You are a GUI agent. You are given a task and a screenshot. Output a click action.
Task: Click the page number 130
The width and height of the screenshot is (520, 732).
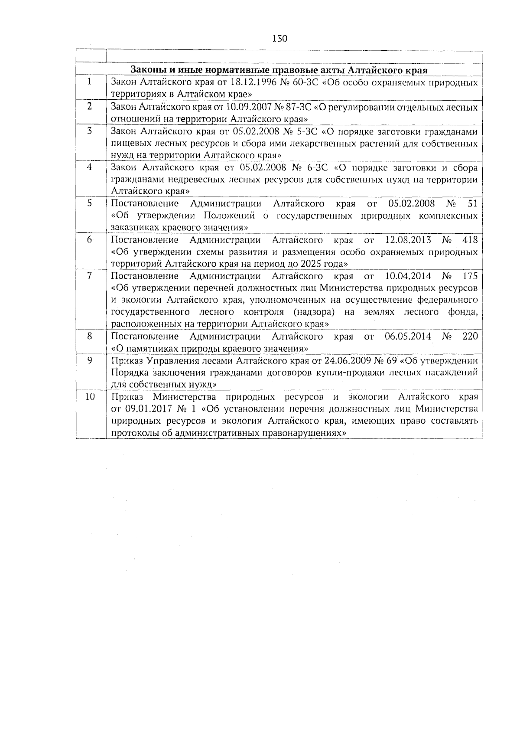click(280, 38)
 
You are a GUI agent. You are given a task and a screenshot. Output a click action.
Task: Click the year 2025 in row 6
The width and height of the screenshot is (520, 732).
click(318, 264)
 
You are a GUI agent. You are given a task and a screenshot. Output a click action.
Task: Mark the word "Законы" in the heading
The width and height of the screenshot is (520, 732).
click(146, 70)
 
